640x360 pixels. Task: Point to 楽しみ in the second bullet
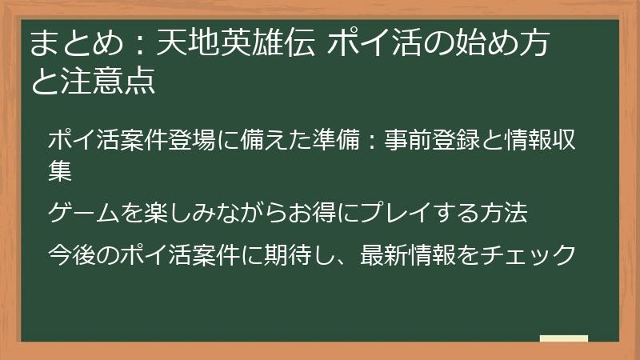click(186, 213)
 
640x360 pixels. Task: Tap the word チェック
click(539, 254)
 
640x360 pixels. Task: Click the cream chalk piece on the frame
click(564, 338)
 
